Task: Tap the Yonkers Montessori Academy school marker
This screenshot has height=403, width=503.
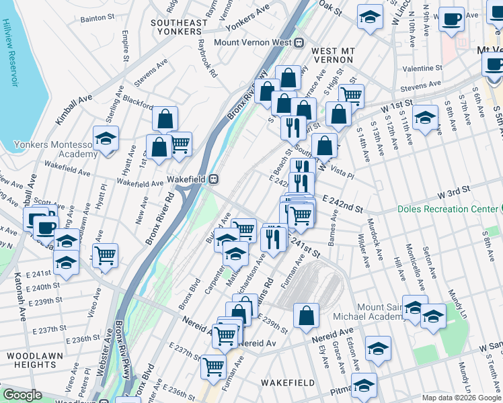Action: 106,139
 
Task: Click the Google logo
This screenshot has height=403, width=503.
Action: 22,396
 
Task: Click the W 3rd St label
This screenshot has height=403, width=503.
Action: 453,194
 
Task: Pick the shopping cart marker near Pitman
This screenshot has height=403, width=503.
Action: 214,367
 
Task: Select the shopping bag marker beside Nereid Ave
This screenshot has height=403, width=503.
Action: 306,315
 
